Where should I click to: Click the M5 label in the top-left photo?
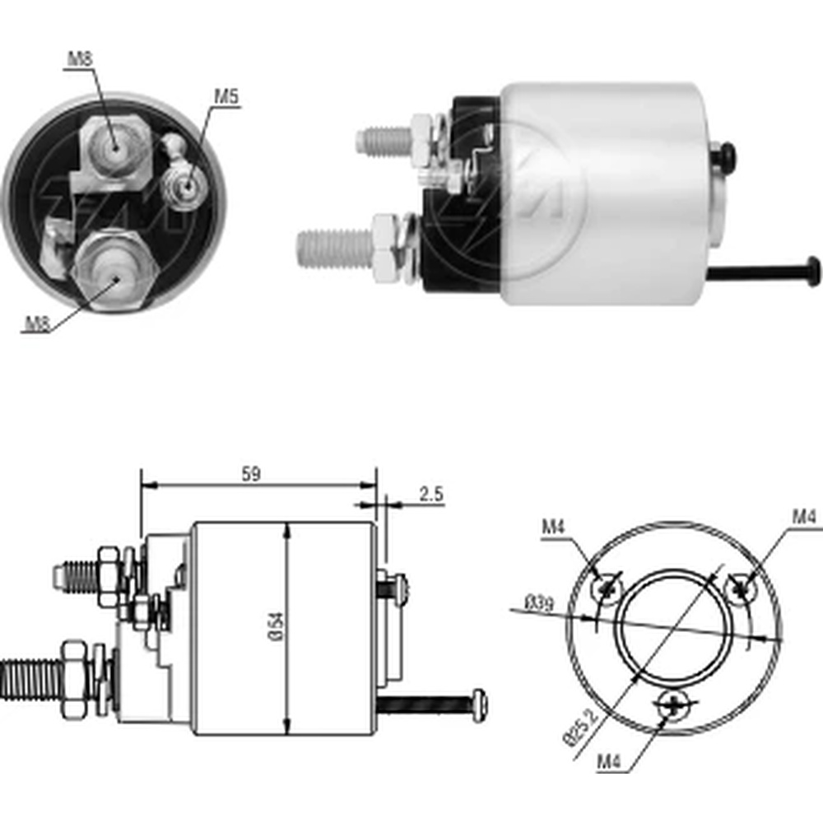226,96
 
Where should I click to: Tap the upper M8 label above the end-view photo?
81,58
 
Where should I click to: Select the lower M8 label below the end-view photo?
37,323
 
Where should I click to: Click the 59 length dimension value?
251,474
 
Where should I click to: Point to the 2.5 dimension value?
431,494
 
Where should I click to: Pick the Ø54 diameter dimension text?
277,625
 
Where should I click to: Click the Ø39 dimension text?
540,603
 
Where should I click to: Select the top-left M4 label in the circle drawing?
553,526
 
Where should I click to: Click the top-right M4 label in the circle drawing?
804,517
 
